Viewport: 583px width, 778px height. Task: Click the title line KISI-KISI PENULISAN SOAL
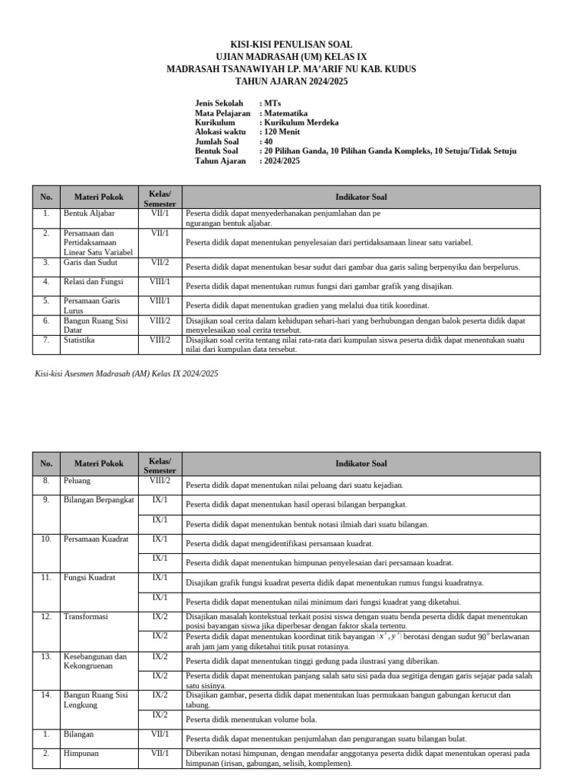point(291,45)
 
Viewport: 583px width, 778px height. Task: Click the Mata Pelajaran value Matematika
point(291,112)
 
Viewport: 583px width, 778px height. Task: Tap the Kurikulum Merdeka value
point(301,122)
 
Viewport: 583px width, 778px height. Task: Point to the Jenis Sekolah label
point(219,103)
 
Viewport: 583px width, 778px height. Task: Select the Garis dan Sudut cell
point(90,263)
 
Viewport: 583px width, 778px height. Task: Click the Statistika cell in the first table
point(80,340)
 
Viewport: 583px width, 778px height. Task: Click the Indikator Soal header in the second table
point(361,463)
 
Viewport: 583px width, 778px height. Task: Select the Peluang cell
point(77,481)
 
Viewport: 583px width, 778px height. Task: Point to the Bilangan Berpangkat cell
point(99,500)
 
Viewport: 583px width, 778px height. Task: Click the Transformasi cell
point(86,617)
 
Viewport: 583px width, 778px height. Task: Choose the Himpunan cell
point(80,754)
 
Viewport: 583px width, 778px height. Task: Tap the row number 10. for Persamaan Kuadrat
point(46,539)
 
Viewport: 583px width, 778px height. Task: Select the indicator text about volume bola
point(251,719)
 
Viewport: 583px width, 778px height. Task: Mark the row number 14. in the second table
point(46,694)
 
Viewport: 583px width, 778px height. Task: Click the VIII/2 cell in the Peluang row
point(160,481)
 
